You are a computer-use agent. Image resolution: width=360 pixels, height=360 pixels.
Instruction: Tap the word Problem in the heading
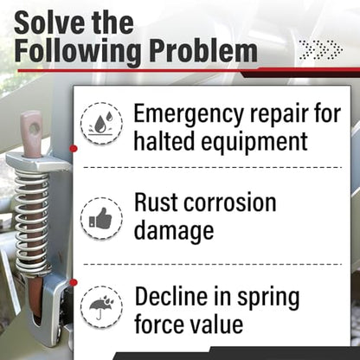click(203, 51)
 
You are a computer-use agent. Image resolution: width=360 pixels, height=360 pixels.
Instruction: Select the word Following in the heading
click(78, 53)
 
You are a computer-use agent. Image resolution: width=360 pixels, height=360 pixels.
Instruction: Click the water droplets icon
click(101, 123)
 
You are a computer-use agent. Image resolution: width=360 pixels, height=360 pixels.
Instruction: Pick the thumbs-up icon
click(100, 218)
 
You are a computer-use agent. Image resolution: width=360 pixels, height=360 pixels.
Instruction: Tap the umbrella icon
click(101, 306)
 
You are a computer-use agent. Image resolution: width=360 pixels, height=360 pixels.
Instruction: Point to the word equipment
click(254, 142)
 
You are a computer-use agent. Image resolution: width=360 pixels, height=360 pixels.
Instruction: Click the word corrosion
click(230, 202)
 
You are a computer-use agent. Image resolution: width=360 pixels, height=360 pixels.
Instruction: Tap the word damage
click(174, 231)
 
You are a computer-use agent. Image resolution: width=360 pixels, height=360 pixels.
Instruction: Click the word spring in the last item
click(268, 299)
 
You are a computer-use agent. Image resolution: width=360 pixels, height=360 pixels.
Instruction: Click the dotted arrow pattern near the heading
click(321, 49)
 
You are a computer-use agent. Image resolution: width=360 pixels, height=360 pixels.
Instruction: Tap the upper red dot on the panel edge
click(74, 149)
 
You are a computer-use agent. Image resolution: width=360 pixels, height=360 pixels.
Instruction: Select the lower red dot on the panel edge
click(74, 282)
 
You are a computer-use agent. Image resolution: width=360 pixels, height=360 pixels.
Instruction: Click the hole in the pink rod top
click(35, 129)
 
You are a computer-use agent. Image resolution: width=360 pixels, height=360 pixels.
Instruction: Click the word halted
click(164, 140)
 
